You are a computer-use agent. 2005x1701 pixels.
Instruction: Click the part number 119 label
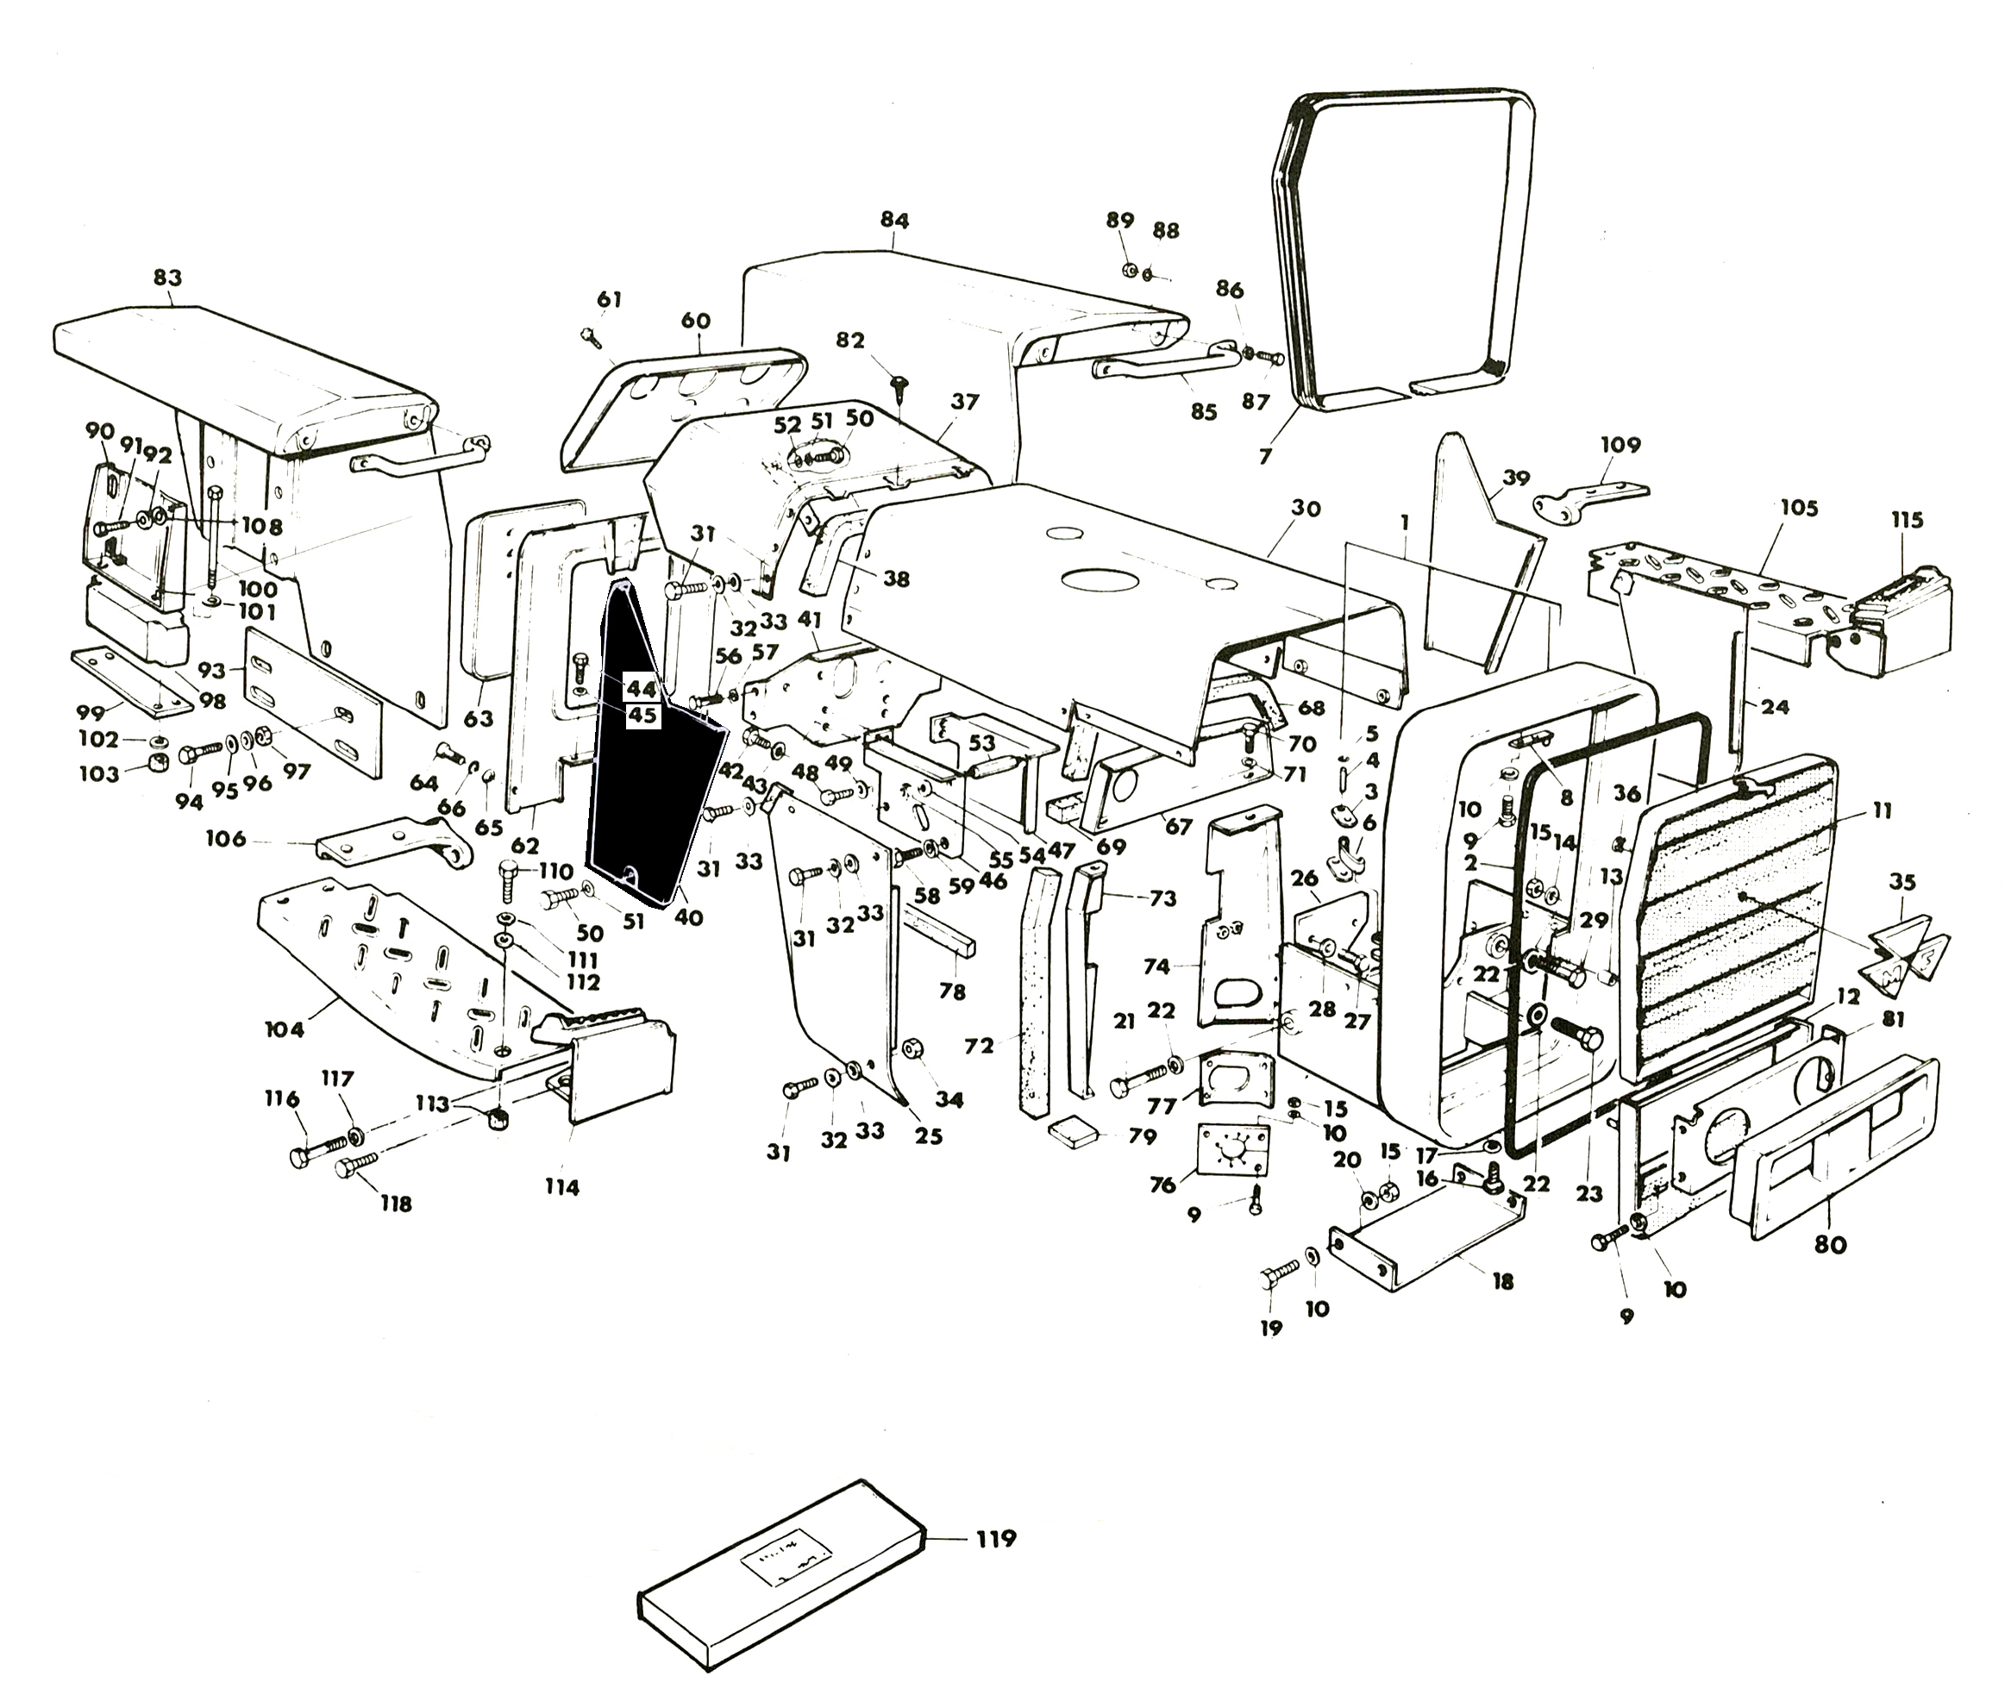click(x=995, y=1538)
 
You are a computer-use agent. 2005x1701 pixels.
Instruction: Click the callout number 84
click(x=894, y=220)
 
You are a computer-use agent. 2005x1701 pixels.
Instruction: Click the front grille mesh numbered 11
click(x=1726, y=916)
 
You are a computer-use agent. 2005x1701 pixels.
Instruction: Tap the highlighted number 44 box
click(x=642, y=689)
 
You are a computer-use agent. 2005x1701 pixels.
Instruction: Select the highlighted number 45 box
click(x=642, y=716)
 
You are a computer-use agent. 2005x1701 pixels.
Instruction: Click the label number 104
click(x=285, y=1030)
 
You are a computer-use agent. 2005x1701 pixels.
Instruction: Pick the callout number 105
click(x=1799, y=507)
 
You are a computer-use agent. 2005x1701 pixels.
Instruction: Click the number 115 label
click(x=1907, y=520)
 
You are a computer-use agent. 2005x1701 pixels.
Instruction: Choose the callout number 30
click(x=1306, y=508)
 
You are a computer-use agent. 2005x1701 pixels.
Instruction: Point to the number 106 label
click(x=226, y=839)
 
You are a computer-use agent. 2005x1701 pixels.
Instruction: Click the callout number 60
click(x=695, y=321)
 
